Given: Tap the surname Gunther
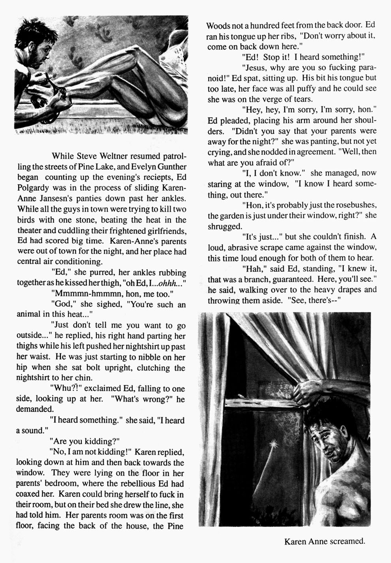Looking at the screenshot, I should (x=169, y=167).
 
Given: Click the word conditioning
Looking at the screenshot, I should (x=79, y=262).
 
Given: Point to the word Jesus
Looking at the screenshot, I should (x=255, y=68).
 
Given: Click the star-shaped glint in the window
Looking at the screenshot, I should (x=271, y=441).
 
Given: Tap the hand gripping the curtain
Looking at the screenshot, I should (x=306, y=390).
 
